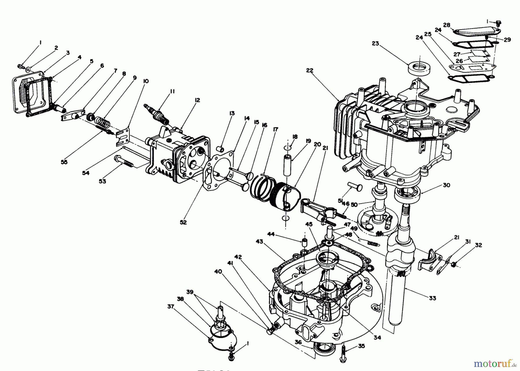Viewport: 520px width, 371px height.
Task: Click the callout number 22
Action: tap(309, 70)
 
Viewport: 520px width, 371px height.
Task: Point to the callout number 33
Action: tap(432, 298)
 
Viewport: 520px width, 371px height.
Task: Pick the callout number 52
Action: tap(183, 222)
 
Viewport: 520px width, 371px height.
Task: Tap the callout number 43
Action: tap(259, 241)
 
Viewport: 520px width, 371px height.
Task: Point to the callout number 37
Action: tap(171, 307)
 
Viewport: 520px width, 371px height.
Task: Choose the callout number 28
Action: tap(447, 25)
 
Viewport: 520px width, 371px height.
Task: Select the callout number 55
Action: tap(64, 162)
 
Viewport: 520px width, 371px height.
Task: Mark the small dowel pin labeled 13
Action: tap(221, 148)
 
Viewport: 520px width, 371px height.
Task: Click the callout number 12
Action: tap(197, 100)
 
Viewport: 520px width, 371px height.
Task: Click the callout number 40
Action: tap(218, 271)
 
